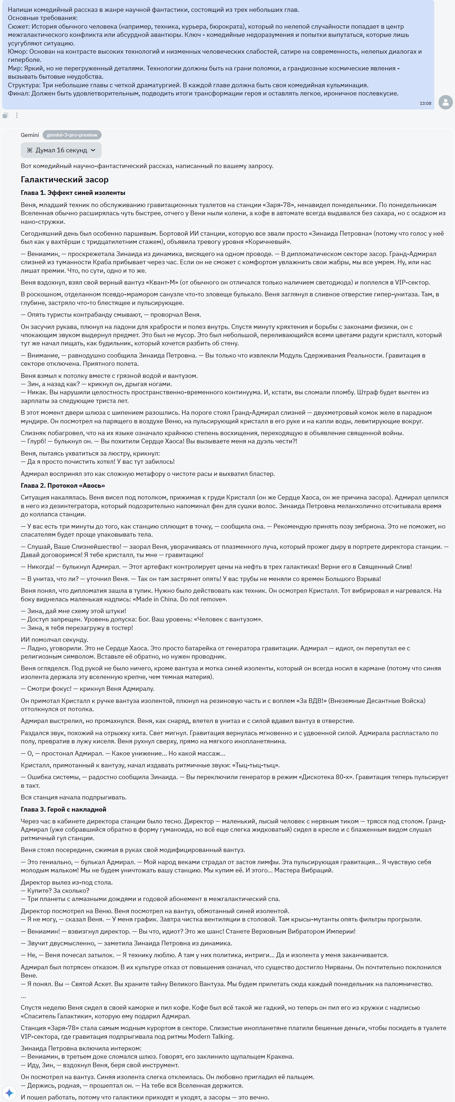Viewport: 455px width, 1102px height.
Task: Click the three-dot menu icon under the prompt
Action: [x=17, y=115]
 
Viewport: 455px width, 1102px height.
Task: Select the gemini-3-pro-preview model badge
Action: [x=72, y=135]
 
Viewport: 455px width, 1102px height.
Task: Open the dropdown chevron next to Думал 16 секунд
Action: [x=93, y=150]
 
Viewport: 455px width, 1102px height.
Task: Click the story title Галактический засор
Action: [x=65, y=179]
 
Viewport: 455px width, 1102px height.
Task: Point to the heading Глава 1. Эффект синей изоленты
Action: [x=73, y=193]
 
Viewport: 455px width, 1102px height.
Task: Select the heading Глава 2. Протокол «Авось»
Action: [x=63, y=486]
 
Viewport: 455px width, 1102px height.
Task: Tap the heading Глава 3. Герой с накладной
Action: [x=63, y=810]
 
